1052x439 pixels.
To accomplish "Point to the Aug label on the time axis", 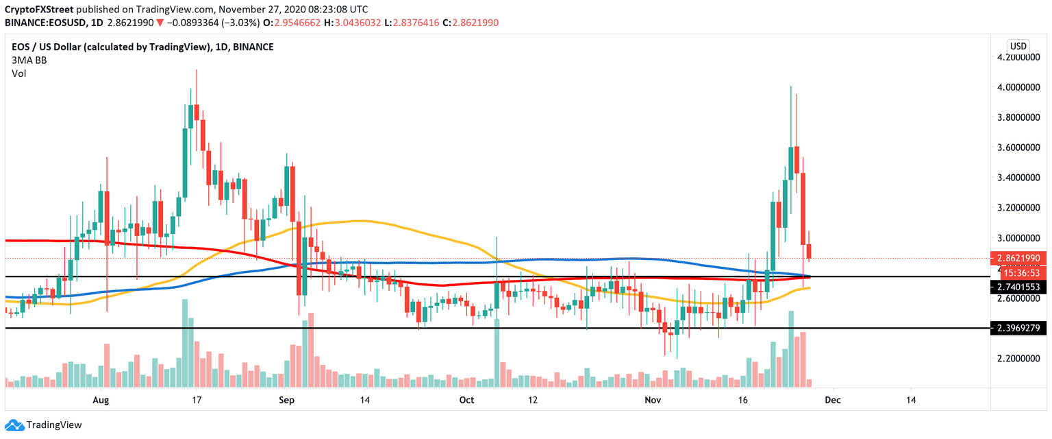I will pyautogui.click(x=101, y=399).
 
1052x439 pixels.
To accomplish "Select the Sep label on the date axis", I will pyautogui.click(x=286, y=399).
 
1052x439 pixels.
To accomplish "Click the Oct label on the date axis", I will pyautogui.click(x=466, y=399).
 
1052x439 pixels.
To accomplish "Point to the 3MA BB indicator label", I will pyautogui.click(x=30, y=60).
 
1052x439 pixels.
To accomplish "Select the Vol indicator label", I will pyautogui.click(x=18, y=73).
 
